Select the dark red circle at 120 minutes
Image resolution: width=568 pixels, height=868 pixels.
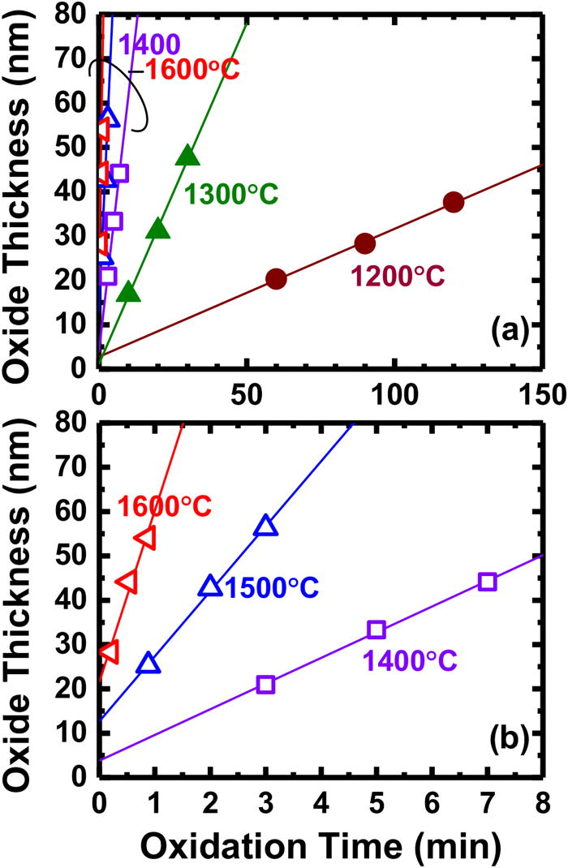454,202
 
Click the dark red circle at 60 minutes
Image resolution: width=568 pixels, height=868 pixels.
277,279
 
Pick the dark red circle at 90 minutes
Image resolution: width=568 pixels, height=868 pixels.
365,243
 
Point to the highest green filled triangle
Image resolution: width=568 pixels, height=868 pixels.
187,156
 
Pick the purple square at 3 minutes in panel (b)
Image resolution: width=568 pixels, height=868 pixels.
265,684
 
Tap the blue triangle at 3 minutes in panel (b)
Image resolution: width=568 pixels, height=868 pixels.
265,526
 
